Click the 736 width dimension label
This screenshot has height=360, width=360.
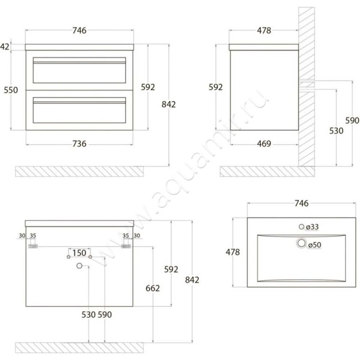[x=80, y=144]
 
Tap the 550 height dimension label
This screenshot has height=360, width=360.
[x=11, y=90]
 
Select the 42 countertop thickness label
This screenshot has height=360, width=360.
[x=4, y=47]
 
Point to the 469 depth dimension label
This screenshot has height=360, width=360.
[x=264, y=144]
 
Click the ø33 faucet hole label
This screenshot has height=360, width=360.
[x=312, y=227]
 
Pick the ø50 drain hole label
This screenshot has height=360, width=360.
[x=315, y=245]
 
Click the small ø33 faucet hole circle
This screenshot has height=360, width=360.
[x=301, y=227]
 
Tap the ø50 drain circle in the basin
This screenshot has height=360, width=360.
[x=301, y=243]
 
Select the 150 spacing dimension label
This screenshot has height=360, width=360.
[x=79, y=253]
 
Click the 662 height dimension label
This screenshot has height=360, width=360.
[x=153, y=288]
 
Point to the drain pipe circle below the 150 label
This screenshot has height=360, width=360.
[x=80, y=265]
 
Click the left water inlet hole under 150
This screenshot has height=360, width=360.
[x=68, y=256]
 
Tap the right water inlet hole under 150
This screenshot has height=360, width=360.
[x=90, y=256]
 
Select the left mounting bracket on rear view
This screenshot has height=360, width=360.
[x=33, y=246]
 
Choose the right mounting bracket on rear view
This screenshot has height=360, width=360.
[x=126, y=246]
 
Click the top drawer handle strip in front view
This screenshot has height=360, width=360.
[x=80, y=63]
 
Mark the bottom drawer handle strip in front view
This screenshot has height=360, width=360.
[x=80, y=103]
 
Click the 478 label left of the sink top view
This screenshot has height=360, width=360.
[x=233, y=252]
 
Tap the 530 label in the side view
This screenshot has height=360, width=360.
[x=336, y=131]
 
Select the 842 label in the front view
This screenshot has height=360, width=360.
[x=169, y=104]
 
